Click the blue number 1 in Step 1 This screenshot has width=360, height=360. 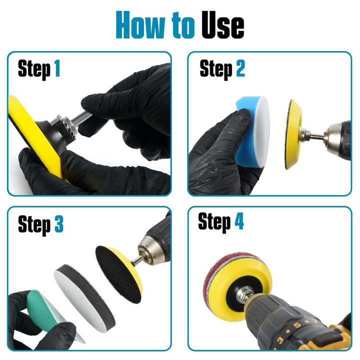pyautogui.click(x=57, y=69)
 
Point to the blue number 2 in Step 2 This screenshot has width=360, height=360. pyautogui.click(x=240, y=69)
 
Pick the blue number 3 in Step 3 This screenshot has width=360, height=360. pyautogui.click(x=59, y=224)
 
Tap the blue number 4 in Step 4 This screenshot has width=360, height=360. pyautogui.click(x=239, y=221)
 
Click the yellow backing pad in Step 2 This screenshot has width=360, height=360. pyautogui.click(x=295, y=133)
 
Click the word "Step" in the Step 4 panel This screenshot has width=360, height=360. pyautogui.click(x=214, y=221)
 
